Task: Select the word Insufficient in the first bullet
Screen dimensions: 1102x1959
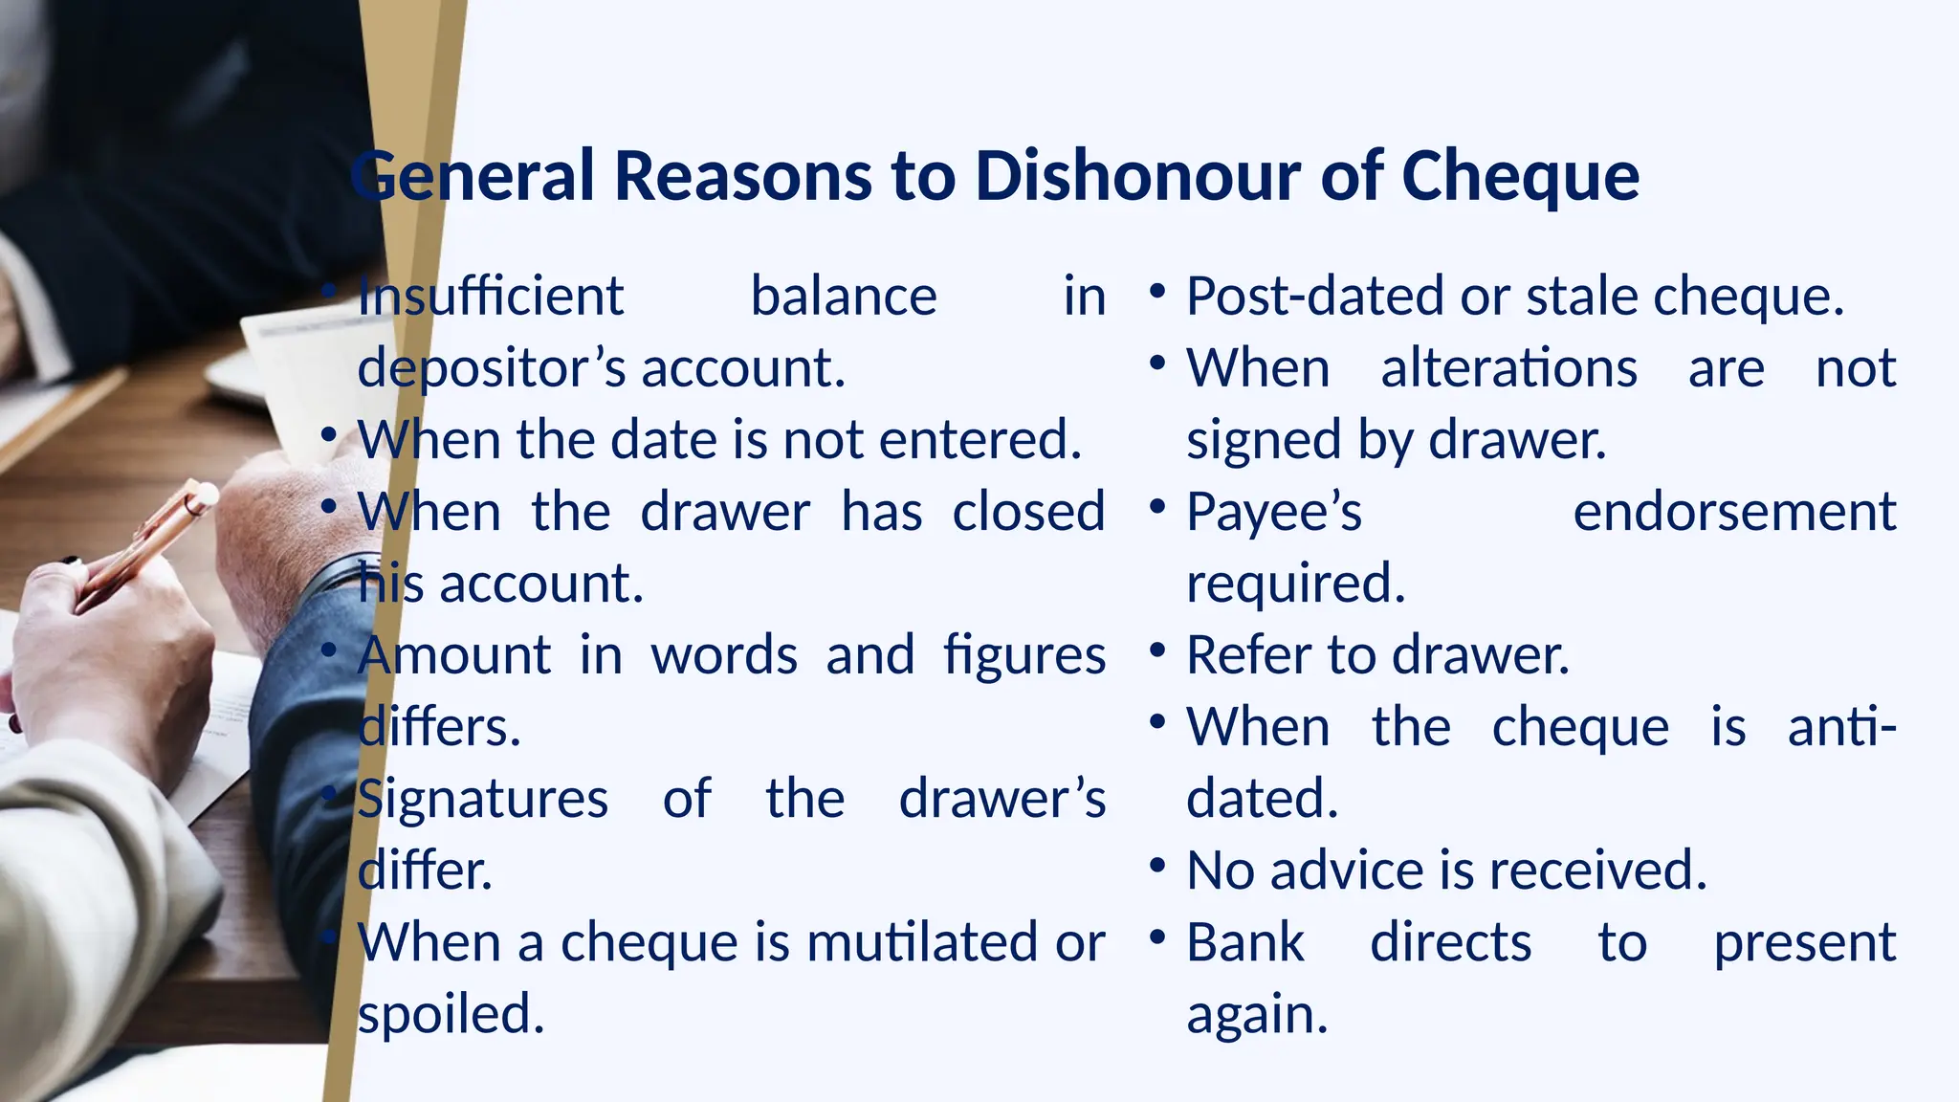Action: [x=491, y=296]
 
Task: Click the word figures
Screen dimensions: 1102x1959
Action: [x=1024, y=656]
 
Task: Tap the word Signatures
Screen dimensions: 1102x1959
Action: [x=483, y=799]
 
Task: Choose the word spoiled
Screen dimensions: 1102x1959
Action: [x=451, y=1014]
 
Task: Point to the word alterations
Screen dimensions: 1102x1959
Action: [x=1508, y=368]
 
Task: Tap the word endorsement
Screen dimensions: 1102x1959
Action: [x=1734, y=512]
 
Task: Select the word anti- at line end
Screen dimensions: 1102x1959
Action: [x=1841, y=727]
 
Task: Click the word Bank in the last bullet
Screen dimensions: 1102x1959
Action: [x=1245, y=942]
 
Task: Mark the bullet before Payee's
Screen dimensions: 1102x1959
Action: [x=1157, y=506]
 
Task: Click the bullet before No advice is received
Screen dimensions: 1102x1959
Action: [x=1157, y=866]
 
